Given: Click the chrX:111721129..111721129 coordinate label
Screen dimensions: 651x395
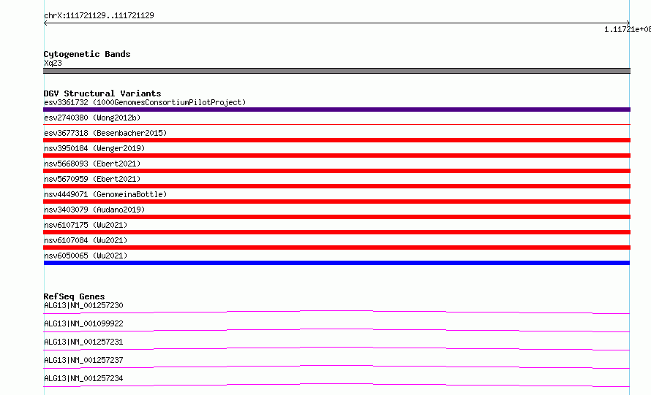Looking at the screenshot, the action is [99, 16].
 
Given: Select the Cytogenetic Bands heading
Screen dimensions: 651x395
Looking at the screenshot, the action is [87, 54].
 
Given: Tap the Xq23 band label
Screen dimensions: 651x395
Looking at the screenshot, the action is [53, 63].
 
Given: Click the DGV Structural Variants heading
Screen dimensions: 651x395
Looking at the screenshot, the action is [102, 93].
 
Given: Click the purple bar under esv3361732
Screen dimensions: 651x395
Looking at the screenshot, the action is [336, 110].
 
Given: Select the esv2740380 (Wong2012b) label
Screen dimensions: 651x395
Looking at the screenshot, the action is [92, 118].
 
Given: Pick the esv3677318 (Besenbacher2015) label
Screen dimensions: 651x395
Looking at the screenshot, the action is [105, 133].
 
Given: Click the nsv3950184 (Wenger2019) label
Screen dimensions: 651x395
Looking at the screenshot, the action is [94, 148].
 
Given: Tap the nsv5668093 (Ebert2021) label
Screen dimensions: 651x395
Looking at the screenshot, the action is [92, 164].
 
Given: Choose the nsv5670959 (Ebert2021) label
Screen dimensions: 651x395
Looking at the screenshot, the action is [92, 179].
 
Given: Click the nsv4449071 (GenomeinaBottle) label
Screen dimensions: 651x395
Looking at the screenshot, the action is [105, 194].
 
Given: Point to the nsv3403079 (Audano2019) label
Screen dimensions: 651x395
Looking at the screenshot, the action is [94, 210].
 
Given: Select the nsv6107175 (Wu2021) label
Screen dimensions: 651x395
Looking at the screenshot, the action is [86, 225].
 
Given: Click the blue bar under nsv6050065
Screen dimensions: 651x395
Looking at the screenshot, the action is [336, 263].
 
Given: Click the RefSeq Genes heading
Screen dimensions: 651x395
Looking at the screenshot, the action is [75, 296].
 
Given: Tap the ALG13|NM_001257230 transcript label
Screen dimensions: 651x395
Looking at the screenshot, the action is [83, 305].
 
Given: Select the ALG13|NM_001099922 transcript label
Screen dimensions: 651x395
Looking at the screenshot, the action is [83, 323].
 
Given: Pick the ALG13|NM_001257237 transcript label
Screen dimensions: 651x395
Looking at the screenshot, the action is [83, 360].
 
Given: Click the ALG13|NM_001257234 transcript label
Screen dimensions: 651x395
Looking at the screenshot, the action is [83, 378].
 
